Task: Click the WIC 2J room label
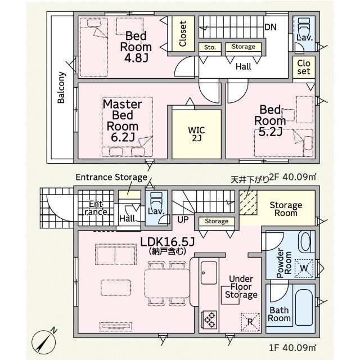click(x=196, y=134)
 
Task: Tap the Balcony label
click(x=61, y=88)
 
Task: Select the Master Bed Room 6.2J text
click(x=123, y=120)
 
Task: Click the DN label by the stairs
click(x=271, y=27)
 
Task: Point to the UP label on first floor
click(x=183, y=219)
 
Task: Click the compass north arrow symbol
click(x=44, y=342)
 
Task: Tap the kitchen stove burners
click(x=209, y=319)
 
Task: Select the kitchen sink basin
click(x=209, y=273)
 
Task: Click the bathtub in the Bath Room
click(x=304, y=307)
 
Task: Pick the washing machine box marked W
click(x=304, y=268)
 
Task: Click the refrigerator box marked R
click(x=250, y=322)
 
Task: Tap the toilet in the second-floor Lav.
click(x=304, y=26)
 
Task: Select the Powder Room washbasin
click(x=305, y=242)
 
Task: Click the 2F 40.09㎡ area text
click(x=292, y=177)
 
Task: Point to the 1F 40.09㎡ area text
click(x=292, y=348)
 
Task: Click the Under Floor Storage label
click(x=241, y=287)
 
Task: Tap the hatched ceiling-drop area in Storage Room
click(x=248, y=202)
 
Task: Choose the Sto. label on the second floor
click(x=210, y=47)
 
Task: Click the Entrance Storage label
click(x=111, y=177)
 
